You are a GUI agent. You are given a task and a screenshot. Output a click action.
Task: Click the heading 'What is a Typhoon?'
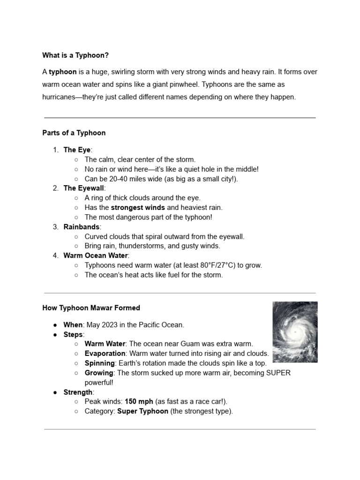tap(75, 55)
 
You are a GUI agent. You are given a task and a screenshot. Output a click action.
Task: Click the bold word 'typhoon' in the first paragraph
tap(63, 72)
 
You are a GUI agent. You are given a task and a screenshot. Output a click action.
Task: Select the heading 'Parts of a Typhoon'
tap(74, 133)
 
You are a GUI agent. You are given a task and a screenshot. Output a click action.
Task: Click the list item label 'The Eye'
tap(77, 150)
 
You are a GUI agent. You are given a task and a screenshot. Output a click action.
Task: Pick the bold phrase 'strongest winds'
tap(138, 207)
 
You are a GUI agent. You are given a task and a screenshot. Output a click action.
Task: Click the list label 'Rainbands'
tap(81, 227)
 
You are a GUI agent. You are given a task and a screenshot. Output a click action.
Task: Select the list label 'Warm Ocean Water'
tap(95, 255)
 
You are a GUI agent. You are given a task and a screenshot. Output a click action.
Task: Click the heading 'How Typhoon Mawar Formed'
tap(91, 308)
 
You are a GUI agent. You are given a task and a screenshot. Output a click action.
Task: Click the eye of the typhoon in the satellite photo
tap(296, 332)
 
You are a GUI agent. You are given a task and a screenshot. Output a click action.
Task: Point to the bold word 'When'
tap(73, 325)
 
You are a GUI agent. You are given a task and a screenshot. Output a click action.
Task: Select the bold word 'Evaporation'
tap(105, 353)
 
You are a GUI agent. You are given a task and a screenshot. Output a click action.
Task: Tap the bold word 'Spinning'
tap(99, 363)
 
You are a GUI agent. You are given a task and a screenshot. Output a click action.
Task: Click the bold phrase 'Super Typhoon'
tap(142, 411)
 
